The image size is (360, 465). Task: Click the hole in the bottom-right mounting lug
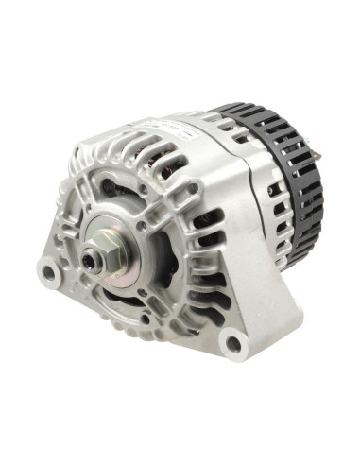coord(229,336)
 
